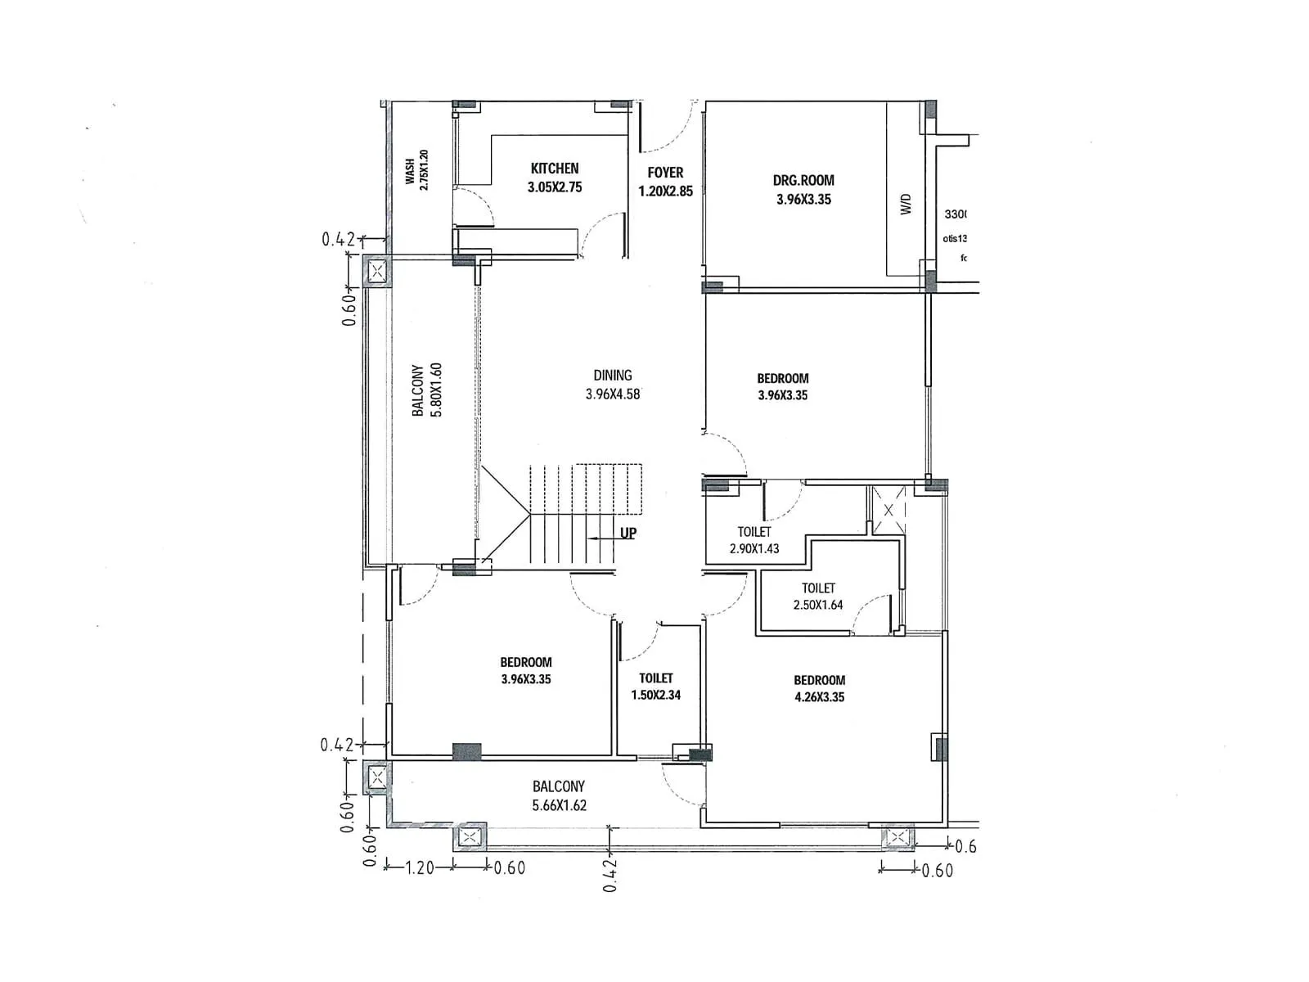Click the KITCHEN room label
click(x=555, y=178)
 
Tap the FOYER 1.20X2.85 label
click(x=665, y=182)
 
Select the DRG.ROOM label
click(x=803, y=190)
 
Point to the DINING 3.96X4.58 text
click(x=613, y=385)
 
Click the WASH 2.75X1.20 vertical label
click(x=416, y=170)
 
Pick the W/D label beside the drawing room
click(x=906, y=204)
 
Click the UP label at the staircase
click(x=628, y=534)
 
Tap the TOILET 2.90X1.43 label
click(x=754, y=540)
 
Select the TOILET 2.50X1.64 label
click(x=818, y=597)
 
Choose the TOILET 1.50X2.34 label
click(x=655, y=687)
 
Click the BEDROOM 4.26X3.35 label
click(x=819, y=688)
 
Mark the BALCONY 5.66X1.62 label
click(x=559, y=795)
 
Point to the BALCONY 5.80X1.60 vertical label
click(x=427, y=390)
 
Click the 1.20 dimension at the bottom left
click(x=420, y=867)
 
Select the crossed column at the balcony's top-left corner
click(x=377, y=272)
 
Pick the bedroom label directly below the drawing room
click(x=782, y=386)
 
